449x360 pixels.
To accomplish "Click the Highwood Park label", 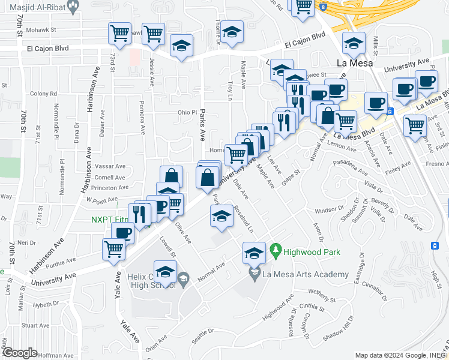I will click(x=312, y=252).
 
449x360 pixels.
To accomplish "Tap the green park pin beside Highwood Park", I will click(x=276, y=248).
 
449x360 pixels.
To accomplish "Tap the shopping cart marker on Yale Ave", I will click(x=114, y=248).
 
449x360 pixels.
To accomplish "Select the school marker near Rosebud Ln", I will click(x=221, y=215).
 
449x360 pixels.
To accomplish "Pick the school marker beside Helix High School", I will click(x=165, y=271).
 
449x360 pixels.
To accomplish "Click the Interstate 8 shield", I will click(x=324, y=7).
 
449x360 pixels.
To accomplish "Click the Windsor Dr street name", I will click(x=328, y=211).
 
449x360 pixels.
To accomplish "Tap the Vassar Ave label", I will click(x=109, y=166).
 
